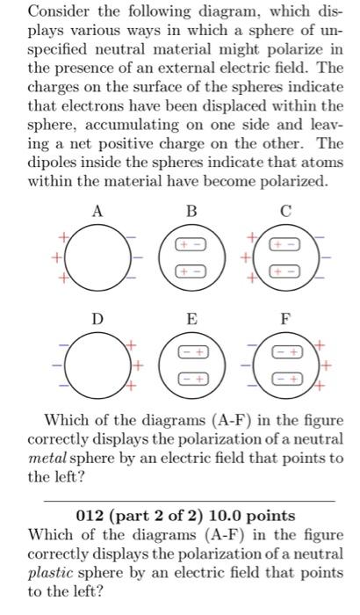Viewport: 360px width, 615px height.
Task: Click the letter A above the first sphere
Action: click(98, 211)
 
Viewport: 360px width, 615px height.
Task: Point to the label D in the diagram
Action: click(98, 322)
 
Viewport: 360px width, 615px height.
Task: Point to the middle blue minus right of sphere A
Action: click(139, 257)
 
